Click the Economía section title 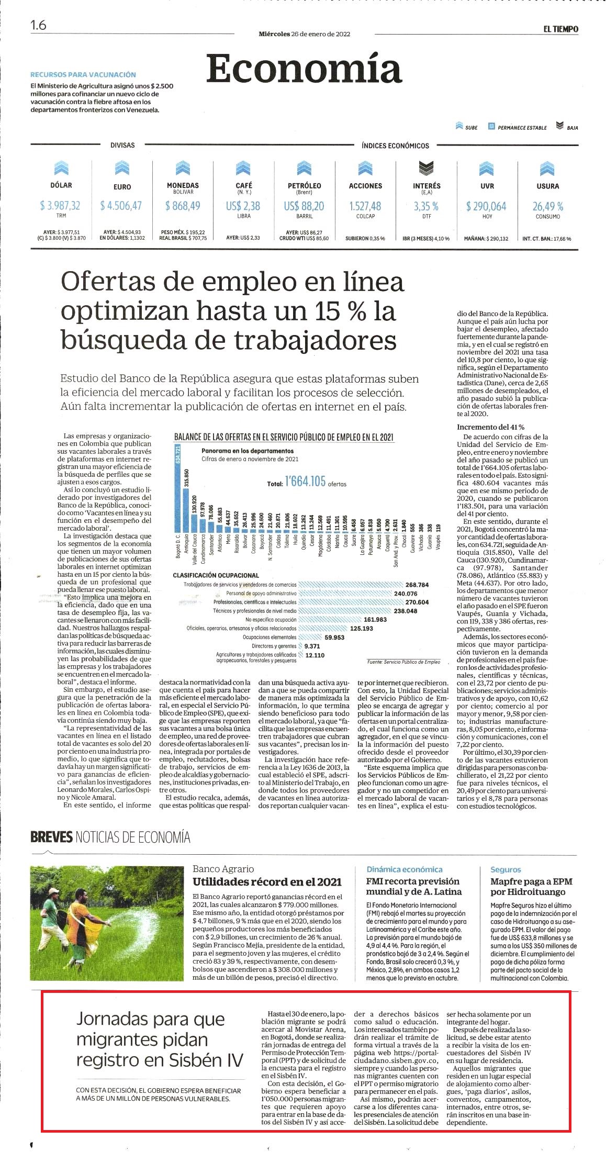point(304,69)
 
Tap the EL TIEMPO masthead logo point(560,29)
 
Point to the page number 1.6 point(38,25)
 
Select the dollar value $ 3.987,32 point(60,206)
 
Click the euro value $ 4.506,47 point(121,206)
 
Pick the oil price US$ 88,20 point(304,206)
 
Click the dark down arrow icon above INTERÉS point(427,168)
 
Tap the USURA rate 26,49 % point(548,206)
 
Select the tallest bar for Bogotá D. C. point(177,488)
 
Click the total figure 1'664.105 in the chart point(305,481)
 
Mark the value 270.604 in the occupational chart point(417,602)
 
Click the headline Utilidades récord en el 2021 point(267,882)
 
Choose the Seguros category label point(506,869)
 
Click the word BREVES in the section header point(51,837)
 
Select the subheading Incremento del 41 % point(490,427)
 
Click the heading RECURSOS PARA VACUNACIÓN point(83,75)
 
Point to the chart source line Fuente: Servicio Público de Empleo point(403,662)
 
